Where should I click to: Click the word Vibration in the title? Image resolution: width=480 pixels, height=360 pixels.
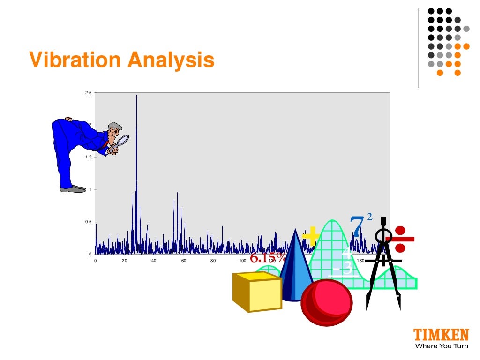tap(75, 60)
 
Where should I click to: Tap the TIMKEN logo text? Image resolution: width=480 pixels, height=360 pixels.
tap(441, 335)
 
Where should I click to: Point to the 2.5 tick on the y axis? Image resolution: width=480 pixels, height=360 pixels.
tap(88, 93)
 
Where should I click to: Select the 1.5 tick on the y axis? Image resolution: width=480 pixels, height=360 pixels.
tap(88, 157)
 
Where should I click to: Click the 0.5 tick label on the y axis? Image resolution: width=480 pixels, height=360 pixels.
tap(88, 222)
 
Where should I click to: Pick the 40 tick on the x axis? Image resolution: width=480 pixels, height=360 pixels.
tap(154, 261)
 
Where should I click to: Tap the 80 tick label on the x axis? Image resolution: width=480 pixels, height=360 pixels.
tap(213, 261)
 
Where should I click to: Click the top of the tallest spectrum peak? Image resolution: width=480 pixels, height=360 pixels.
tap(136, 96)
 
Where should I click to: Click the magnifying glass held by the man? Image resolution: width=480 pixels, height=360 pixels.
tap(123, 140)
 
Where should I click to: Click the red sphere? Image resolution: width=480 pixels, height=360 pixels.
tap(327, 302)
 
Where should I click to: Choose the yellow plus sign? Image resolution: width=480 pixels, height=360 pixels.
tap(311, 236)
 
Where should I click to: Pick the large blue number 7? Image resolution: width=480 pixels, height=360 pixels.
tap(357, 226)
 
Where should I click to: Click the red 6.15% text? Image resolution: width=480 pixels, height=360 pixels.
tap(268, 258)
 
